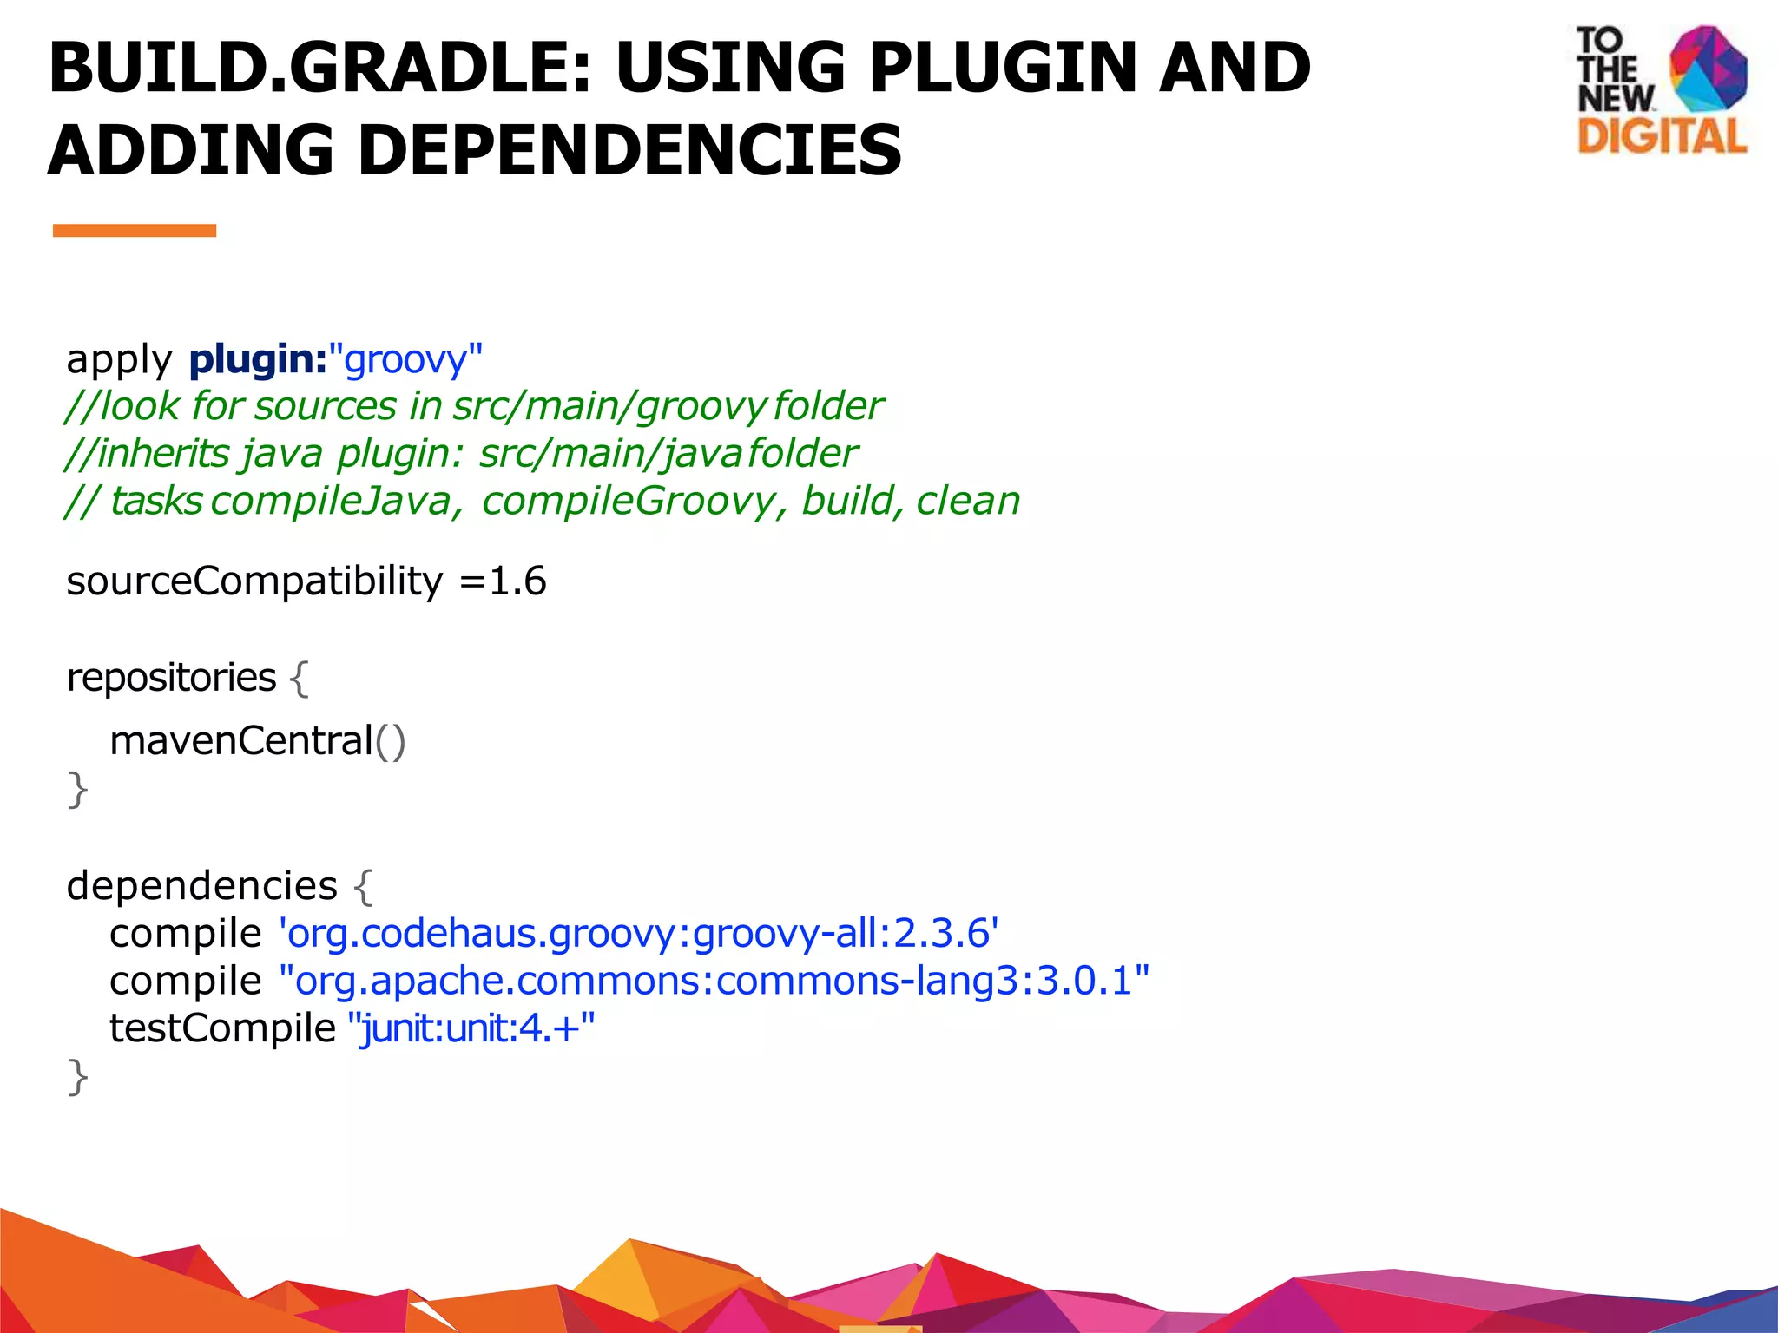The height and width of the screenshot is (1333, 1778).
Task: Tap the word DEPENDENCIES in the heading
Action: tap(629, 150)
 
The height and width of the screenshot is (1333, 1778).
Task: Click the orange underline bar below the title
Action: tap(135, 230)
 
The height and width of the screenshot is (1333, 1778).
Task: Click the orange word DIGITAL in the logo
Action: tap(1662, 137)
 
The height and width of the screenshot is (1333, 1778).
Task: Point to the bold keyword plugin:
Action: tap(258, 359)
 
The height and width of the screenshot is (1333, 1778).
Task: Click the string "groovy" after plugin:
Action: tap(405, 359)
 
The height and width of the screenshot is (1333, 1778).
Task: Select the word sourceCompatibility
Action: tap(254, 581)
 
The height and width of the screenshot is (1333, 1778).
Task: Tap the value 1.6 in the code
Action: tap(517, 581)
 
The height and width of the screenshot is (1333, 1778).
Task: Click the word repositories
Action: tap(171, 678)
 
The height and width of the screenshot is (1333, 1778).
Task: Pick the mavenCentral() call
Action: tap(258, 741)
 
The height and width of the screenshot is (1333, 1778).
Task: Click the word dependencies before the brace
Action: tap(201, 886)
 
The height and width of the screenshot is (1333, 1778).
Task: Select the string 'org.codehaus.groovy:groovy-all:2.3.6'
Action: tap(639, 934)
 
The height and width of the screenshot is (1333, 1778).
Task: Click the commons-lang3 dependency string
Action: tap(714, 981)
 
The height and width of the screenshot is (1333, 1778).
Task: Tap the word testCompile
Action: tap(222, 1028)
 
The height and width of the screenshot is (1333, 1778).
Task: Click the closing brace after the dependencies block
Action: tap(78, 1078)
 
